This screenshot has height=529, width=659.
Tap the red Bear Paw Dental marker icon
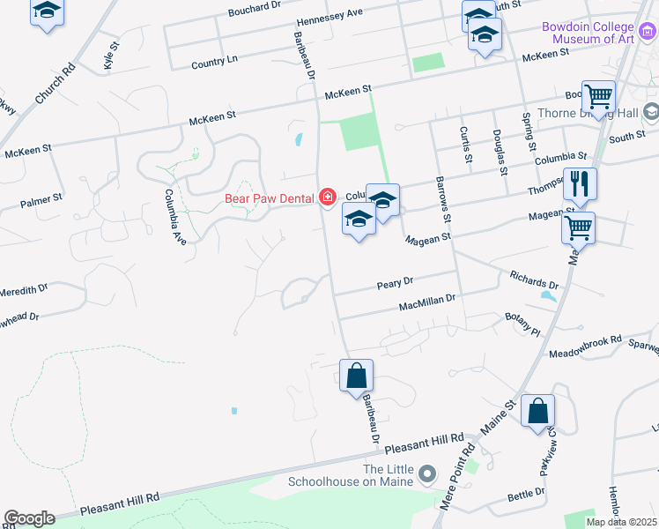coord(328,197)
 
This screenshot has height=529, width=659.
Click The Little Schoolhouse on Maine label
coord(351,475)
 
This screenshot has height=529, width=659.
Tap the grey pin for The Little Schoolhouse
coord(428,475)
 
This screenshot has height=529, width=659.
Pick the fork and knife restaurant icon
coord(580,184)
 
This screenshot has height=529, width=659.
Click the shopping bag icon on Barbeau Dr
coord(356,376)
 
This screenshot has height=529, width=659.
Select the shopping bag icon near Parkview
coord(537,411)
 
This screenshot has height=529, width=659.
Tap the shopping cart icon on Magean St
coord(578,228)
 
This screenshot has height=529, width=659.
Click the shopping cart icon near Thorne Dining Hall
coord(598,97)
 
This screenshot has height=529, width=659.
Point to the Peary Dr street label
coord(395,284)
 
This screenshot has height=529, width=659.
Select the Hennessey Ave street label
coord(330,18)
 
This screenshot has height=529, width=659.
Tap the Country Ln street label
coord(214,62)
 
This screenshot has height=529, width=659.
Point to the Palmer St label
coord(41,201)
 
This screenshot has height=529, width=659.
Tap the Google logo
coord(29,518)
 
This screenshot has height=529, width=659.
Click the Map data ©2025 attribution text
coord(620,522)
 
